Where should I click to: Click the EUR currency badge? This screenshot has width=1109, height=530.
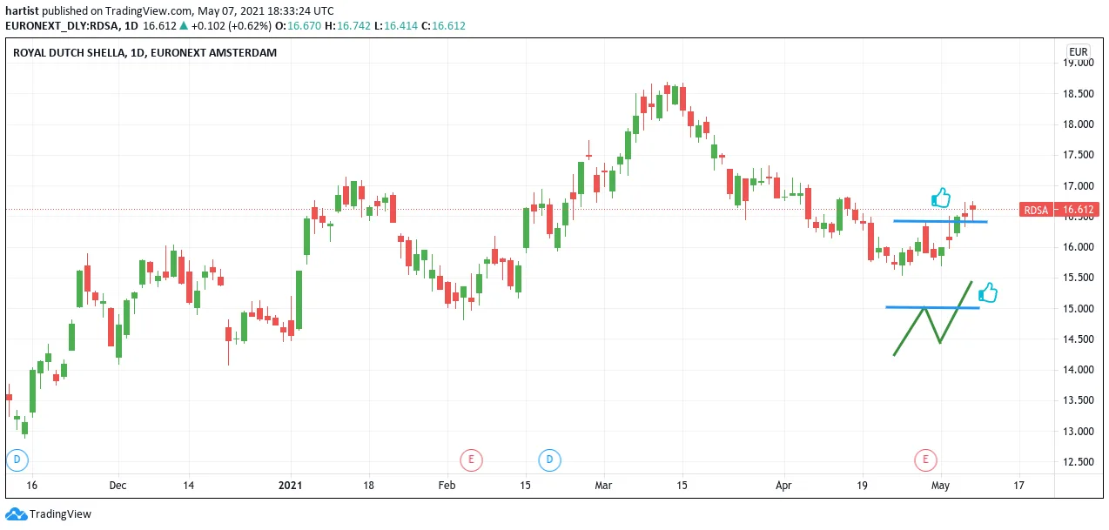click(1078, 52)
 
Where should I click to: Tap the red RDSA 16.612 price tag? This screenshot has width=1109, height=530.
click(1059, 210)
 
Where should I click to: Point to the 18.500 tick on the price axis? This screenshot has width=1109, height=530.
click(1079, 93)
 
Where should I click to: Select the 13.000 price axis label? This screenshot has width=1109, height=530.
click(1079, 431)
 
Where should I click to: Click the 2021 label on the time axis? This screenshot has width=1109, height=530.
click(290, 485)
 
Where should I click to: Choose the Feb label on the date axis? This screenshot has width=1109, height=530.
click(447, 485)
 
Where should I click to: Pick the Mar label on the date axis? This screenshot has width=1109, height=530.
click(603, 485)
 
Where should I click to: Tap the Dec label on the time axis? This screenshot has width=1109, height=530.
click(118, 485)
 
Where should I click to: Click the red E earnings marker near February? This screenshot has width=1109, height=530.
click(471, 460)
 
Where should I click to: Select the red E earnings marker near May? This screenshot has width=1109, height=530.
click(925, 460)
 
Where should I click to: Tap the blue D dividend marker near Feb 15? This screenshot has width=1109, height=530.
click(549, 460)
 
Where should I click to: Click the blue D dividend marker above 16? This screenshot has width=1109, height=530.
click(17, 460)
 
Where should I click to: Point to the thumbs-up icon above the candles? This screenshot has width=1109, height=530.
click(941, 198)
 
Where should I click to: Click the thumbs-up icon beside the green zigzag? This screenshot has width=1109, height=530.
click(988, 292)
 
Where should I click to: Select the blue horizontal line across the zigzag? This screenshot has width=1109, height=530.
click(933, 308)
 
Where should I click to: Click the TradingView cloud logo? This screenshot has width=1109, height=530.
click(17, 514)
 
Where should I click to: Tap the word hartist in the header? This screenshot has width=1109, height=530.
click(22, 11)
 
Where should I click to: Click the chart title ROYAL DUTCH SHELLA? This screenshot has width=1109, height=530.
click(69, 52)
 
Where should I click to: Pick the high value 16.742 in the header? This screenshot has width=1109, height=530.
click(353, 26)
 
